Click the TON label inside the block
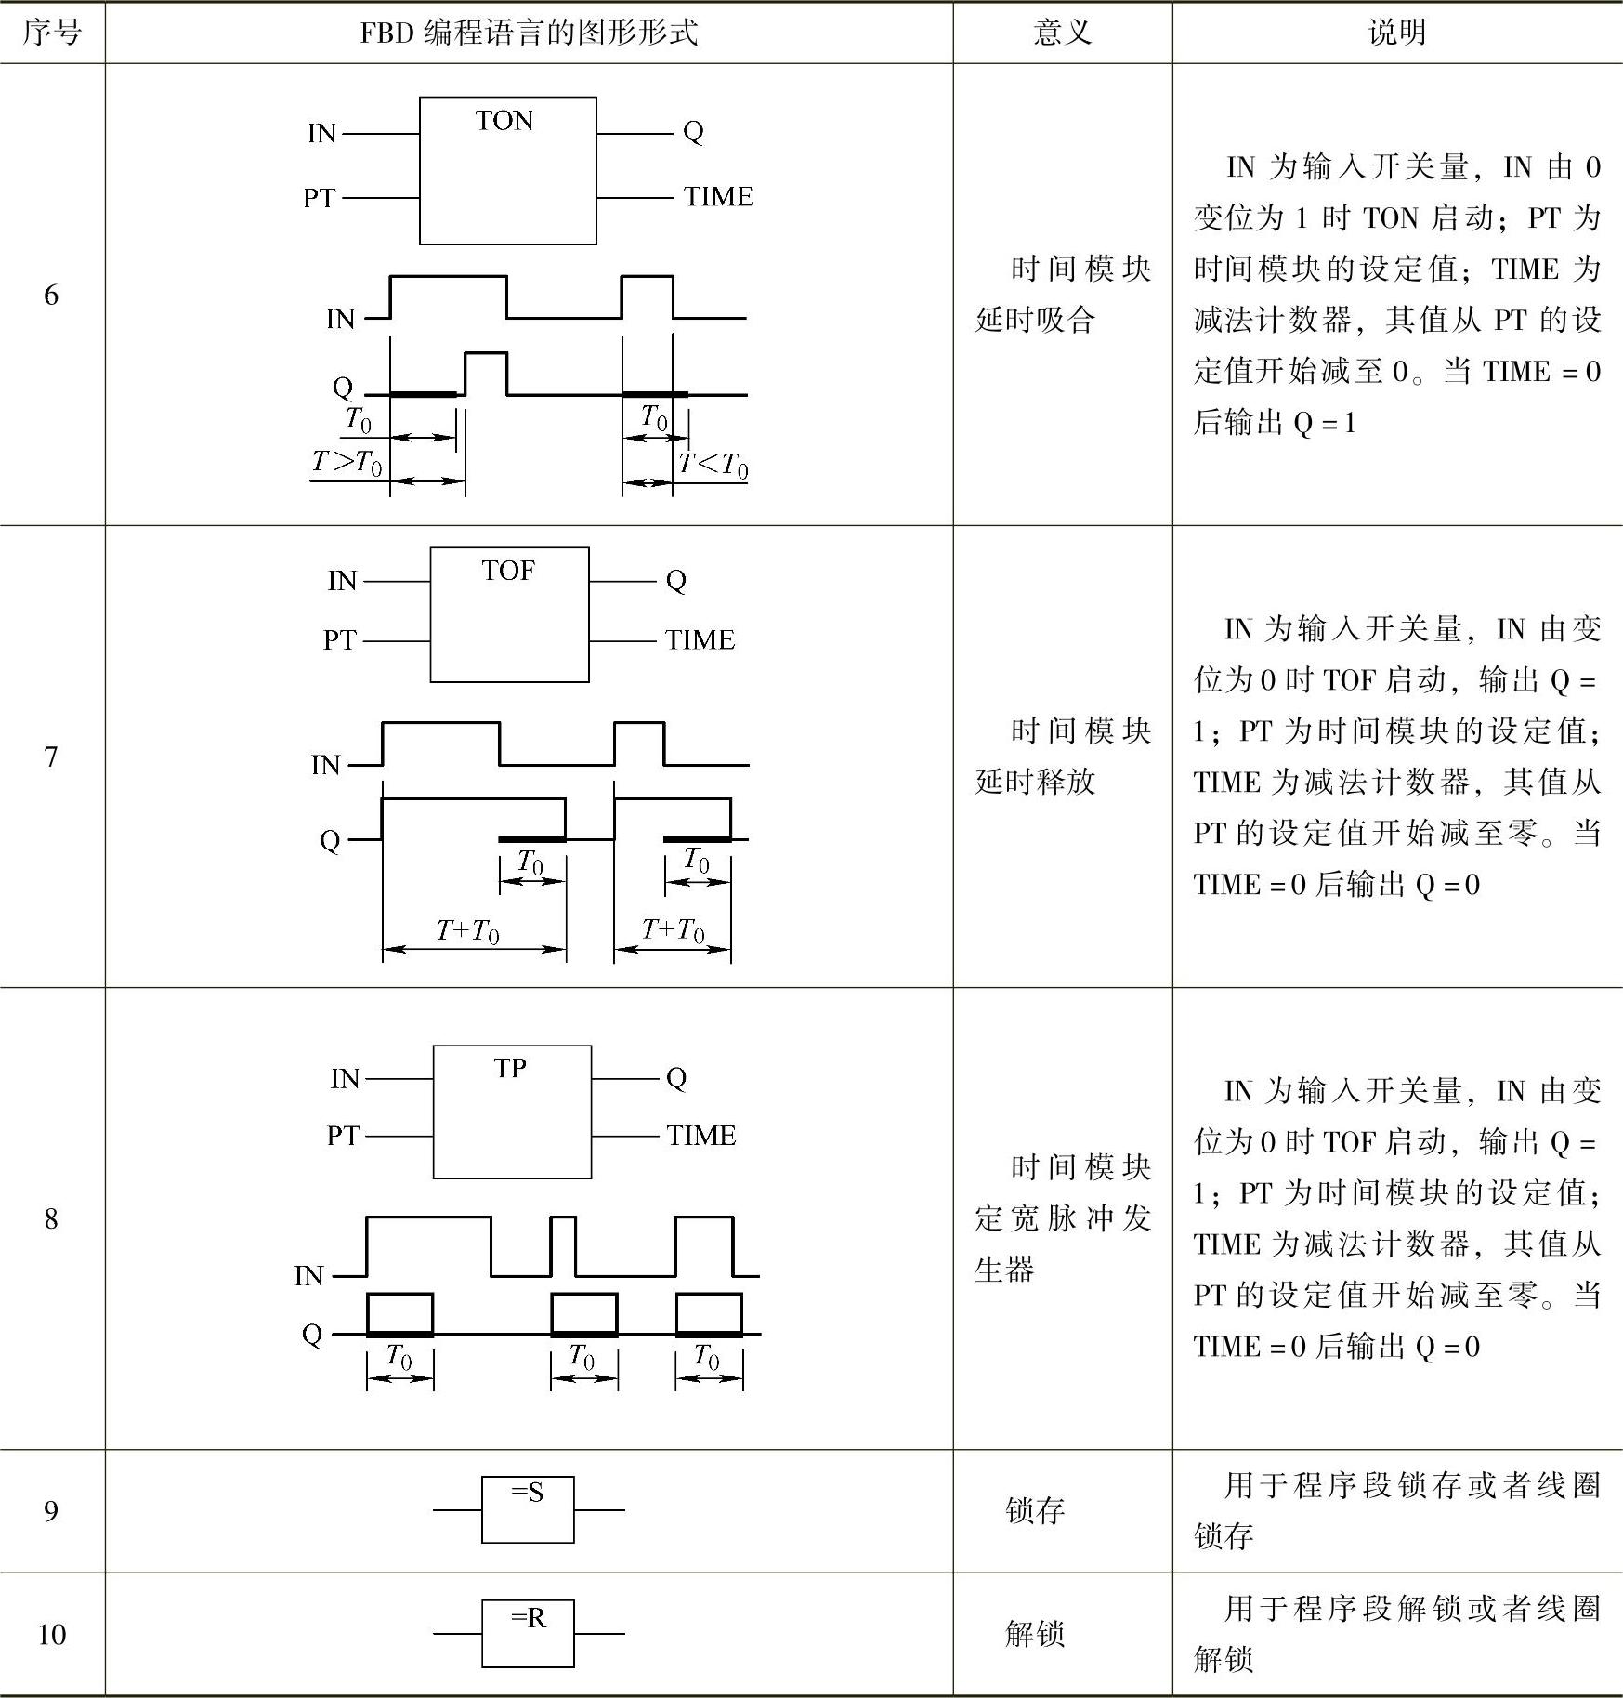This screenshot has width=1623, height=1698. point(504,121)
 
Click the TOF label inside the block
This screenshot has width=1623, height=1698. point(508,571)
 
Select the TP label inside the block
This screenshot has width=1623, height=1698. point(510,1069)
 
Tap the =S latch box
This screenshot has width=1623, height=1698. point(528,1509)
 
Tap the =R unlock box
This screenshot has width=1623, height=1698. point(528,1633)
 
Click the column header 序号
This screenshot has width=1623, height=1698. point(52,33)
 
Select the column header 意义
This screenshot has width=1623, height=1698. point(1062,33)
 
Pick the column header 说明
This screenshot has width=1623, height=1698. point(1396,33)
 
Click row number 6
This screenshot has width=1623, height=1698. point(51,296)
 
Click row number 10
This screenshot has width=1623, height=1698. point(52,1634)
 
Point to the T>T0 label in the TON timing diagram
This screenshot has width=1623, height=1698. point(347,462)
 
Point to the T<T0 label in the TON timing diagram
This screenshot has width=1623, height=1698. point(713,464)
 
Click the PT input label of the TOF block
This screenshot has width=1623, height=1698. point(340,640)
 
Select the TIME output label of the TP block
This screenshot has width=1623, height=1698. point(701,1136)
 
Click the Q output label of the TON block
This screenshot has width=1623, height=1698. point(693,132)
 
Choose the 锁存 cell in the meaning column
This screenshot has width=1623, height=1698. point(1035,1510)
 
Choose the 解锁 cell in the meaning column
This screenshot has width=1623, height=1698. point(1035,1634)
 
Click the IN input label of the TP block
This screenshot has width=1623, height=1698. point(345,1079)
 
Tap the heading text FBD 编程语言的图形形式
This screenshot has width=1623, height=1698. point(529,33)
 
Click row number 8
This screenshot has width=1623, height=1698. point(51,1218)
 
